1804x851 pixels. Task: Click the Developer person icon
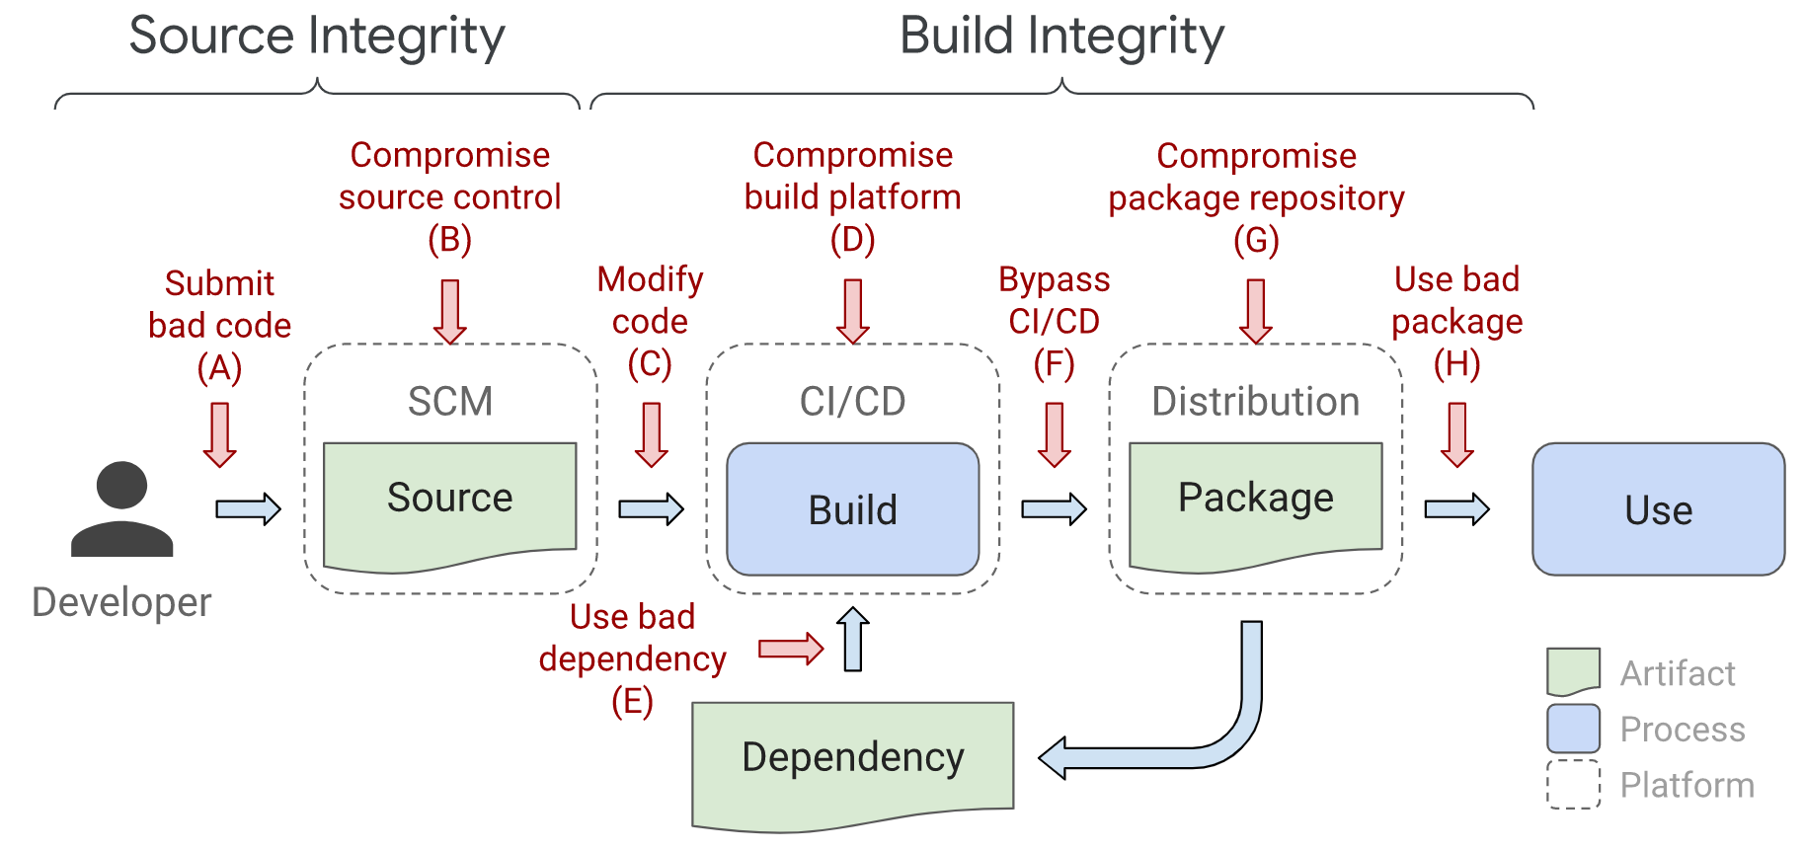point(121,509)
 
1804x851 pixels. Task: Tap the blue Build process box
point(852,509)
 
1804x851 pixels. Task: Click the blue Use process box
point(1658,509)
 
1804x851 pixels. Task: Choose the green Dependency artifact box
point(852,763)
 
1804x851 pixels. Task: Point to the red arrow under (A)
point(219,433)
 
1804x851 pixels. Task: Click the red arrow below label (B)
point(449,311)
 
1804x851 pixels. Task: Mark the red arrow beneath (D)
point(852,311)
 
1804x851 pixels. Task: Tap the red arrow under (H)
point(1456,433)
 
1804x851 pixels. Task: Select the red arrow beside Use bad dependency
point(790,649)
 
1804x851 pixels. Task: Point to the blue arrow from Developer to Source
point(248,509)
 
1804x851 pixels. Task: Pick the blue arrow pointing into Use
point(1456,509)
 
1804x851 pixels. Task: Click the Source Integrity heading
point(317,37)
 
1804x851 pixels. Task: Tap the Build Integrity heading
point(1061,37)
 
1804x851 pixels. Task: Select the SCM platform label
point(449,402)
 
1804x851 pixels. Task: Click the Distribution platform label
point(1255,402)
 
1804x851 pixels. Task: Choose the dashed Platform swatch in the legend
point(1573,785)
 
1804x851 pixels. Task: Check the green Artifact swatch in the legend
point(1573,671)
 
